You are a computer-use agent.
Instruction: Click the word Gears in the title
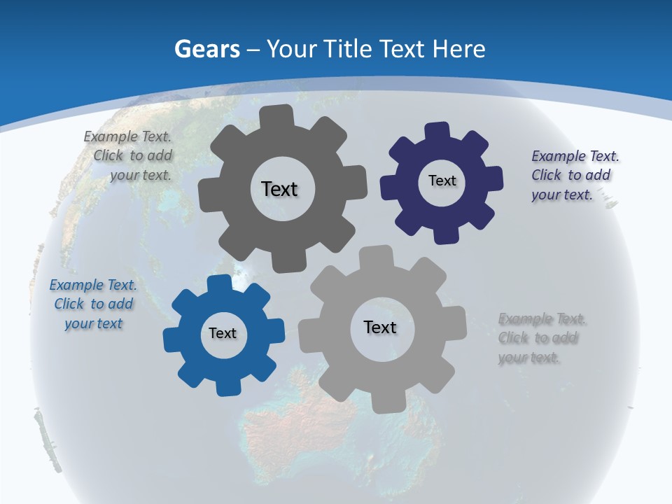[x=207, y=49]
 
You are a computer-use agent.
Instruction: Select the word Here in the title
[x=458, y=49]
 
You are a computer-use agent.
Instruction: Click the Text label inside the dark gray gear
[x=279, y=189]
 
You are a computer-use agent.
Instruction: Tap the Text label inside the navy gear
[x=442, y=181]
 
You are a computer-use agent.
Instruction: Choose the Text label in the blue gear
[x=223, y=333]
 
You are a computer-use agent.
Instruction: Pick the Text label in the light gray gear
[x=380, y=327]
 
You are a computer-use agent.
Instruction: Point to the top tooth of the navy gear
[x=437, y=132]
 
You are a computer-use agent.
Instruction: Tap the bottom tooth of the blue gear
[x=227, y=387]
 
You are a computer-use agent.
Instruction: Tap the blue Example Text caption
[x=93, y=304]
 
